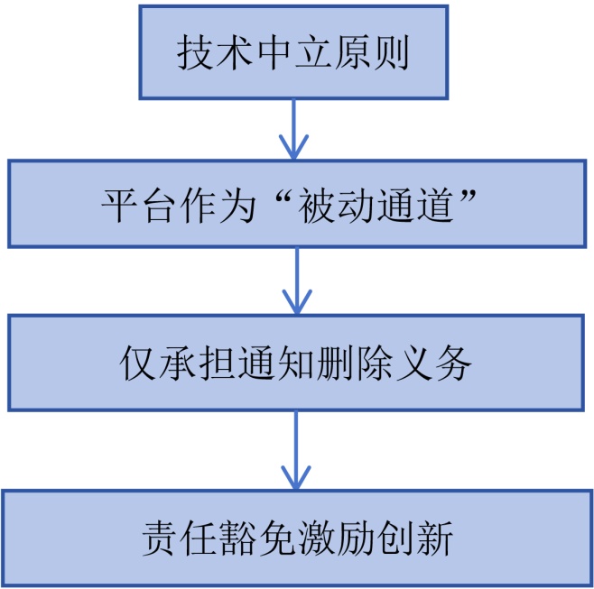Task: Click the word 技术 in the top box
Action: [x=215, y=53]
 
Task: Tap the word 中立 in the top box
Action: [x=293, y=53]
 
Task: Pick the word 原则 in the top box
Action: [x=372, y=53]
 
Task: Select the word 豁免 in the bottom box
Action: [x=259, y=540]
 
